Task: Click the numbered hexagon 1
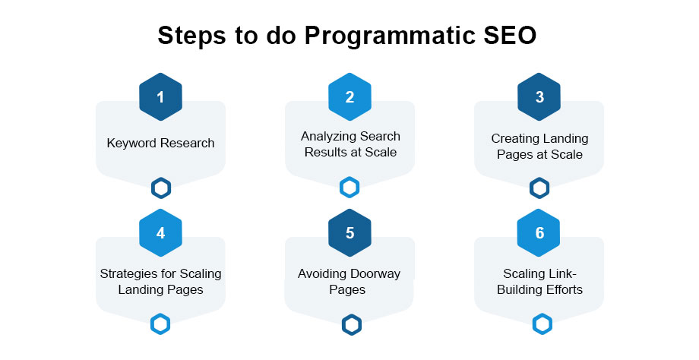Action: tap(160, 97)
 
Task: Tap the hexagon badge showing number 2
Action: tap(349, 97)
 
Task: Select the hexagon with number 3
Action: tap(539, 97)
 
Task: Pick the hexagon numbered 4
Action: tap(160, 233)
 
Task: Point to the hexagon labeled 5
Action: tap(349, 233)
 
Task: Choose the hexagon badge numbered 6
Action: tap(539, 233)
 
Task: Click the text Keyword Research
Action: tap(160, 143)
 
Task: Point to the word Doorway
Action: tap(376, 273)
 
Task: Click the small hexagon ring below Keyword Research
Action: tap(160, 188)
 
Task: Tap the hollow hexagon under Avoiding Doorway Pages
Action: tap(350, 324)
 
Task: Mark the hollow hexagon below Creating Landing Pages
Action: tap(539, 188)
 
